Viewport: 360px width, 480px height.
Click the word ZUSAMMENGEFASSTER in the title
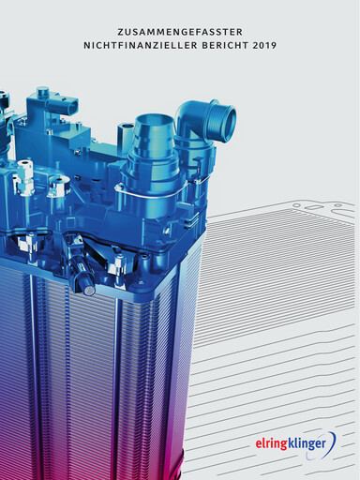(180, 32)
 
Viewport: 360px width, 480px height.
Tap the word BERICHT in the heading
(225, 45)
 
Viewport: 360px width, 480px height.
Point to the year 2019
(264, 45)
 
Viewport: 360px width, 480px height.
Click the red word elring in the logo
(271, 444)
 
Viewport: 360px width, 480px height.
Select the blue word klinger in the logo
(307, 443)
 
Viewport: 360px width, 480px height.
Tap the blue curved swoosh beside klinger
(332, 442)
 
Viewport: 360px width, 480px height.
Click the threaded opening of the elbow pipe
(227, 118)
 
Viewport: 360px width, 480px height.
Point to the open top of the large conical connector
(153, 120)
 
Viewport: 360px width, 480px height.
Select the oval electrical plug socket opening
(72, 106)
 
